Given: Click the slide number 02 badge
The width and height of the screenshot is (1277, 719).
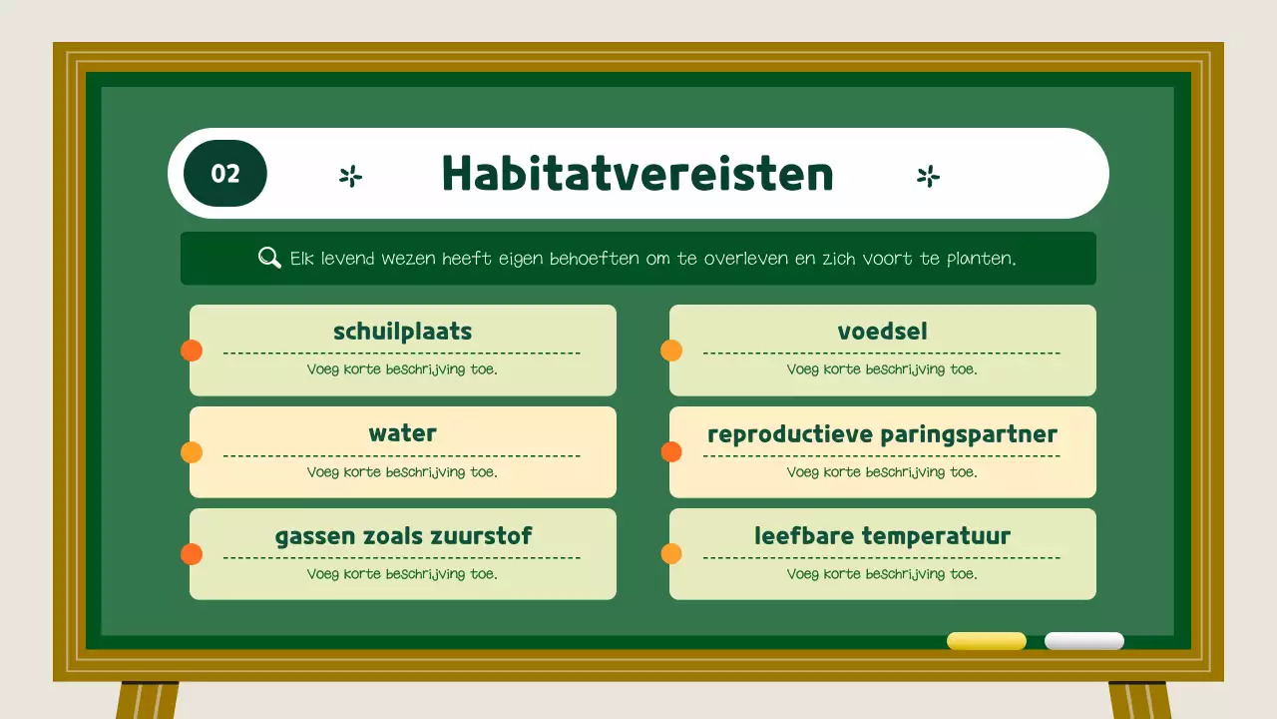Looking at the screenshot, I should (225, 174).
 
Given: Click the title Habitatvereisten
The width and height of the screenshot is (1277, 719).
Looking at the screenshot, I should (638, 174).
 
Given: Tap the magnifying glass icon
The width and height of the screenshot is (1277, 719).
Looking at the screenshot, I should (269, 258).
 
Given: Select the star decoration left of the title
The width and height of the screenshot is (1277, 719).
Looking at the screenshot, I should (350, 177).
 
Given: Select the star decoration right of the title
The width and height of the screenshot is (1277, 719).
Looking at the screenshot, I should (928, 177).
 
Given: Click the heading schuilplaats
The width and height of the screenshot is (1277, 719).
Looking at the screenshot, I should (402, 332).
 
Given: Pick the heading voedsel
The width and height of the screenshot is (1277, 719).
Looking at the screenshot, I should (882, 332).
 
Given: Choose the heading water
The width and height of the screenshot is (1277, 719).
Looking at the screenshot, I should (402, 433).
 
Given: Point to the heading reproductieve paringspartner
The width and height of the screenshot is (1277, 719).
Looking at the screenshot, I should (882, 434).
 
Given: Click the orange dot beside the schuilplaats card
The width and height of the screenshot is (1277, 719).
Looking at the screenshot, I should (192, 351).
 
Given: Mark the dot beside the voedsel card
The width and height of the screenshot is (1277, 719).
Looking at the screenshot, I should (671, 351).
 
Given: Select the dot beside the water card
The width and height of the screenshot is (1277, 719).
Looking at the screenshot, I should (192, 452).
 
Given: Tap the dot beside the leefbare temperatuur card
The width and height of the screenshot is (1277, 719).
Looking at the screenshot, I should (671, 554).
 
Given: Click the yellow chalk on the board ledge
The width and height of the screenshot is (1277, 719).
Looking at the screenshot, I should (986, 641).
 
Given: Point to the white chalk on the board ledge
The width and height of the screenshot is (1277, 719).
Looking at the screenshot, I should (1083, 641).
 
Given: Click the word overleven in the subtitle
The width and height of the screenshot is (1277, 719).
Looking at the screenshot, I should (741, 259).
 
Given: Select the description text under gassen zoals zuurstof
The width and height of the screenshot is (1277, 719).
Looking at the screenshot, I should (402, 574).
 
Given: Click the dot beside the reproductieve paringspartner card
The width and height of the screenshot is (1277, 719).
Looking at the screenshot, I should (671, 452).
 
